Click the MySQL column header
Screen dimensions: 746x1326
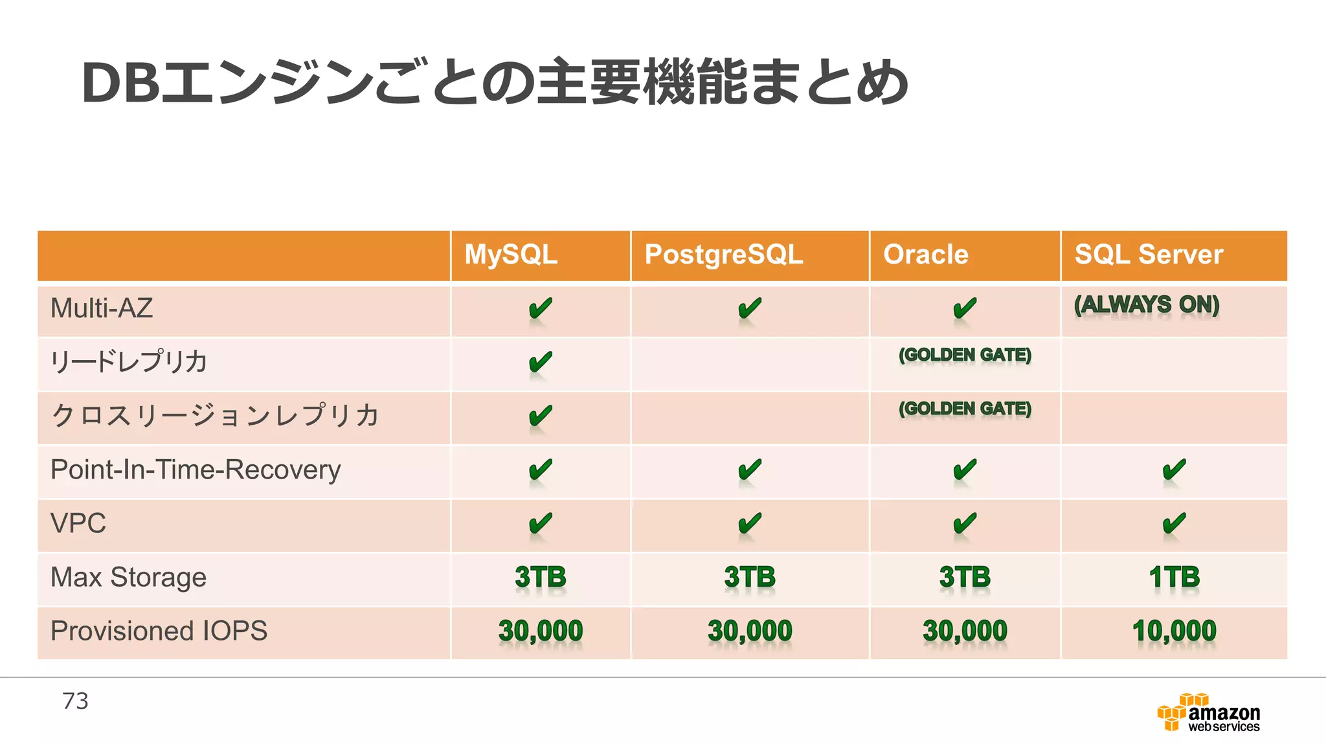511,254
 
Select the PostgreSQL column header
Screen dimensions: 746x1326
723,254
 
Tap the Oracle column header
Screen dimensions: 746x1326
925,254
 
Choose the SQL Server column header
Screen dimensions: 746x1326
1149,254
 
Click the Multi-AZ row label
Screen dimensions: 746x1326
102,308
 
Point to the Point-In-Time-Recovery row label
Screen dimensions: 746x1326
196,469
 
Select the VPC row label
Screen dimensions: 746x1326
78,523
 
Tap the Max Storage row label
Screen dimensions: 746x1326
128,577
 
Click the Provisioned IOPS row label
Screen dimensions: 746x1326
159,631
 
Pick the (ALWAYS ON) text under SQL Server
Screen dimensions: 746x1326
1147,304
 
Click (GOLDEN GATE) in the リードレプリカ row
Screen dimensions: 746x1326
965,355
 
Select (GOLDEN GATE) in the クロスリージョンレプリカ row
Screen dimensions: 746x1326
965,409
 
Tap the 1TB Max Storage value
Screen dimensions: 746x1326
1174,577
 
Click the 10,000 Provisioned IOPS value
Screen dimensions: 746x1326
1174,631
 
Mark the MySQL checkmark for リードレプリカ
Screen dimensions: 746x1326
540,362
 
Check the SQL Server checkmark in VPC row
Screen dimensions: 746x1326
1174,523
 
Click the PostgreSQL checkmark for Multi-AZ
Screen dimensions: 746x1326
750,308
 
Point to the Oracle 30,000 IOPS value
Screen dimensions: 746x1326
965,631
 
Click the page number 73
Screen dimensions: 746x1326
75,701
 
